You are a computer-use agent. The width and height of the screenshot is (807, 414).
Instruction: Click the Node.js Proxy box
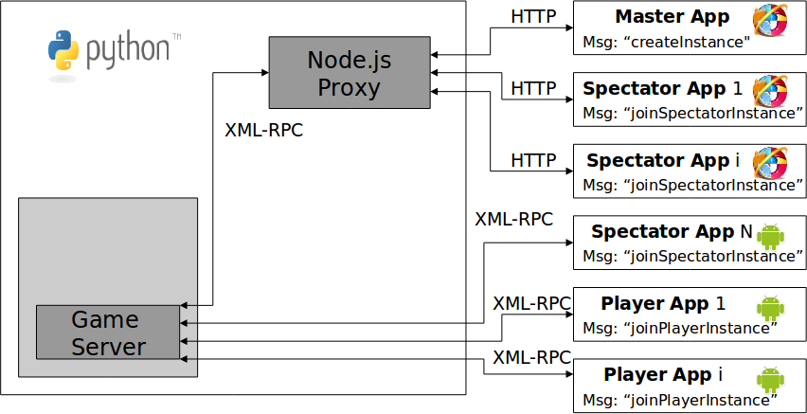(x=349, y=73)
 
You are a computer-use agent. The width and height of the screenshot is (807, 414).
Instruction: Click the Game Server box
(x=108, y=333)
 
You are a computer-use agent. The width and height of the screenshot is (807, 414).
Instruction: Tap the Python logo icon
(x=63, y=49)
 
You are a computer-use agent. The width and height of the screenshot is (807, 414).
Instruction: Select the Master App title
(x=672, y=16)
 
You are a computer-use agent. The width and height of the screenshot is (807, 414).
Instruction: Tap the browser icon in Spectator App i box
(x=771, y=162)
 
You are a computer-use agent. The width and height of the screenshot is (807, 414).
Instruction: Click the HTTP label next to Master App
(x=533, y=17)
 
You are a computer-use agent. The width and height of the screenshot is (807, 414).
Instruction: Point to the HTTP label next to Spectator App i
(x=533, y=160)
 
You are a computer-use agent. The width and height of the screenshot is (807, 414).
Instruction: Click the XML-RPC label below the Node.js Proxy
(x=263, y=131)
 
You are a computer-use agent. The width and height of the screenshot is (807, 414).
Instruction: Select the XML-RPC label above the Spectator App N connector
(x=513, y=219)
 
